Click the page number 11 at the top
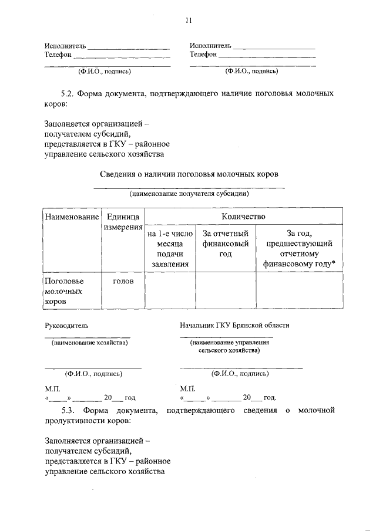point(188,21)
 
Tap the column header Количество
point(243,216)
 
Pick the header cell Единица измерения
point(123,222)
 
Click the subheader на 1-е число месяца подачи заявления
point(170,249)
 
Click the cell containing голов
point(123,281)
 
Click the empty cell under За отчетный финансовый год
point(226,291)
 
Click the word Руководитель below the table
point(67,325)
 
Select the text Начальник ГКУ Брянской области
point(234,325)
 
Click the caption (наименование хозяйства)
point(89,342)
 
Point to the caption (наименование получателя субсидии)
point(189,193)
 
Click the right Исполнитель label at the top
point(210,45)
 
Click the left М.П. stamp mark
point(52,388)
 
